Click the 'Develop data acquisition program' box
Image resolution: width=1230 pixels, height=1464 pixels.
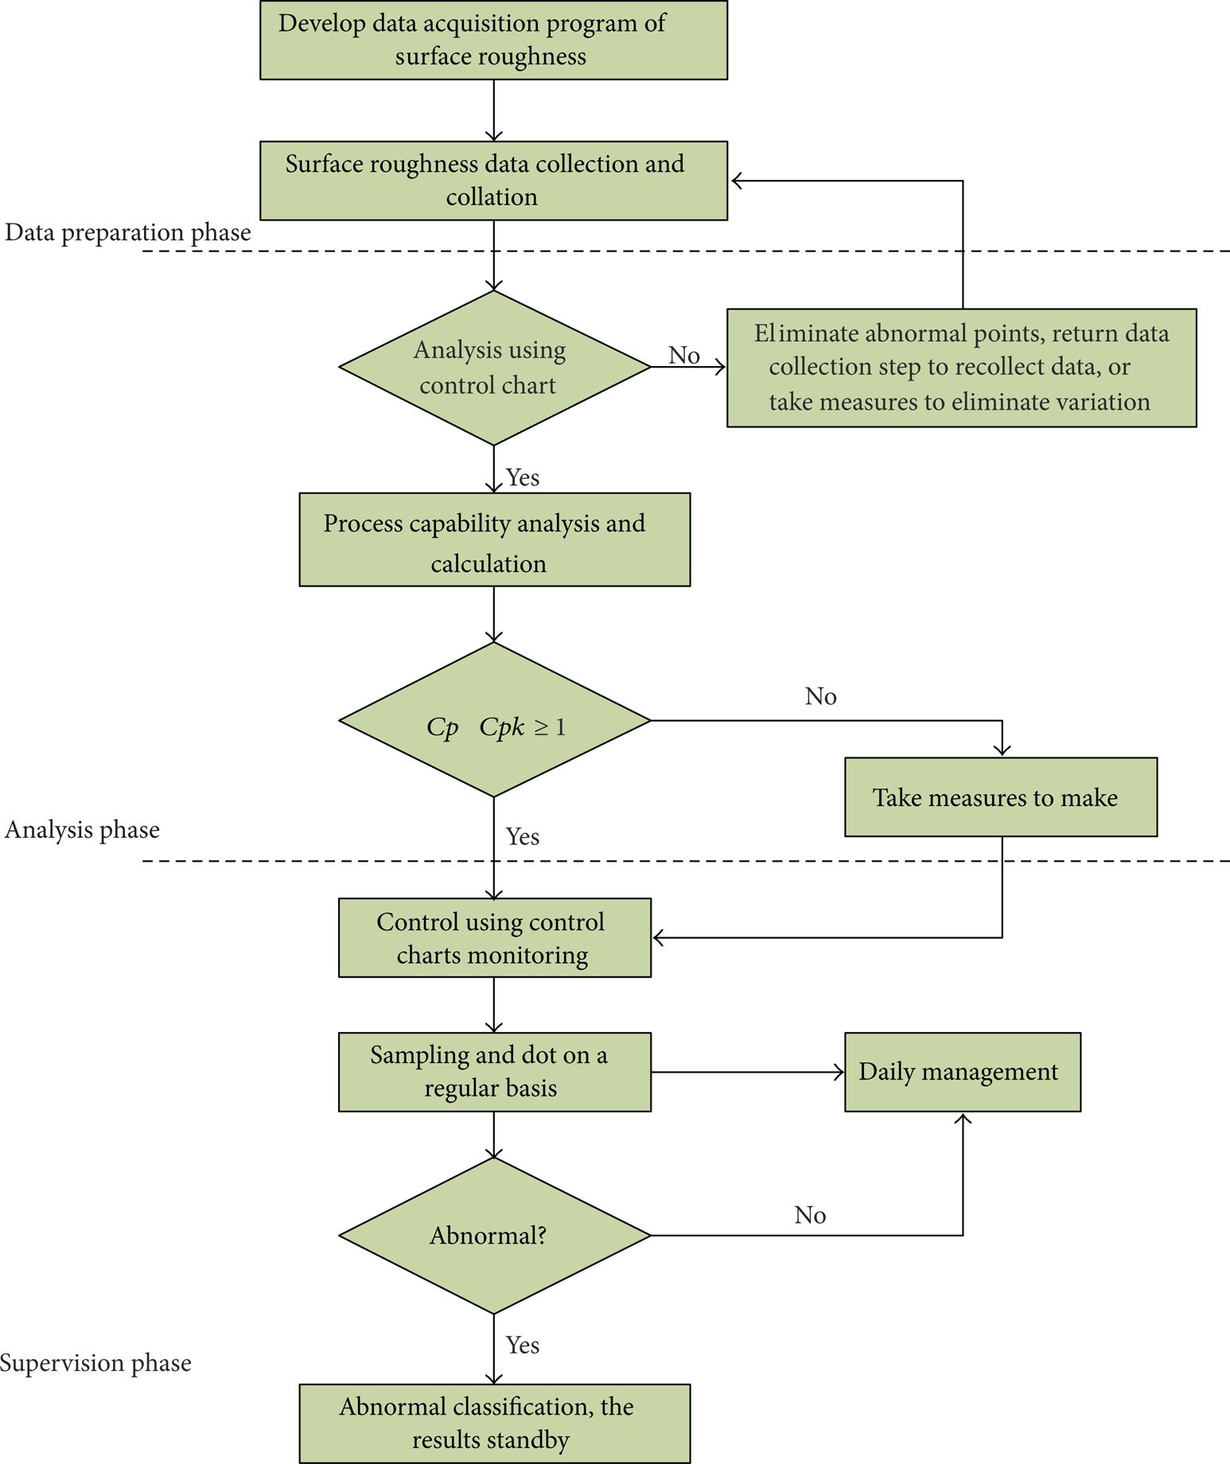coord(493,40)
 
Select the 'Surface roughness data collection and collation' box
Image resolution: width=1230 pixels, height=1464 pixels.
coord(493,181)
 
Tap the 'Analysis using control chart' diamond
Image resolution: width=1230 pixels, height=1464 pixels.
coord(494,368)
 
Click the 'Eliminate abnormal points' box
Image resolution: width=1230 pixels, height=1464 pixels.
coord(962,368)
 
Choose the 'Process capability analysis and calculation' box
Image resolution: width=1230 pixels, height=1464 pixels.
coord(494,539)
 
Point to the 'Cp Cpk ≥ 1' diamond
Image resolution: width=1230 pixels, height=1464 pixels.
coord(494,720)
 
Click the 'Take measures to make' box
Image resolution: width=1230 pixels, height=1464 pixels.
coord(1001,796)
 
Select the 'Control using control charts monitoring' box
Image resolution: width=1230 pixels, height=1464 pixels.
coord(494,937)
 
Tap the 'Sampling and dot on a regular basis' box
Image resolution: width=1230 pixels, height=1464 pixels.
coord(494,1072)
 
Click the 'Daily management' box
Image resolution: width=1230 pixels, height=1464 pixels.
coord(963,1072)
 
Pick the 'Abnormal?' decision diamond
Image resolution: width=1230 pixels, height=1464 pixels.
coord(494,1235)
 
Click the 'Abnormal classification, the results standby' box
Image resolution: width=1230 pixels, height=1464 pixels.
coord(494,1423)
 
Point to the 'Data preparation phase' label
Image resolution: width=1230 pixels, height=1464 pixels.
coord(128,232)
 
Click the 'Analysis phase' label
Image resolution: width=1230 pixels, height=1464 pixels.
coord(83,830)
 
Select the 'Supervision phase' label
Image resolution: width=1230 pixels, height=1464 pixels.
coord(95,1363)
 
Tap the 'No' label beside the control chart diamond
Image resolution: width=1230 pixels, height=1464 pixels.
coord(684,355)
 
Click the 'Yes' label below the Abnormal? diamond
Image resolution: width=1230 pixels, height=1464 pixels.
coord(523,1345)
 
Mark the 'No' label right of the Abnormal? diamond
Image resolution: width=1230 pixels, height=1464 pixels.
coord(810,1215)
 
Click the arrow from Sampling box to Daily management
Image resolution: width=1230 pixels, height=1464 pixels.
coord(748,1073)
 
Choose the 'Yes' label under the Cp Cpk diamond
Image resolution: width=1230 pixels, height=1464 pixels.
coord(523,836)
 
